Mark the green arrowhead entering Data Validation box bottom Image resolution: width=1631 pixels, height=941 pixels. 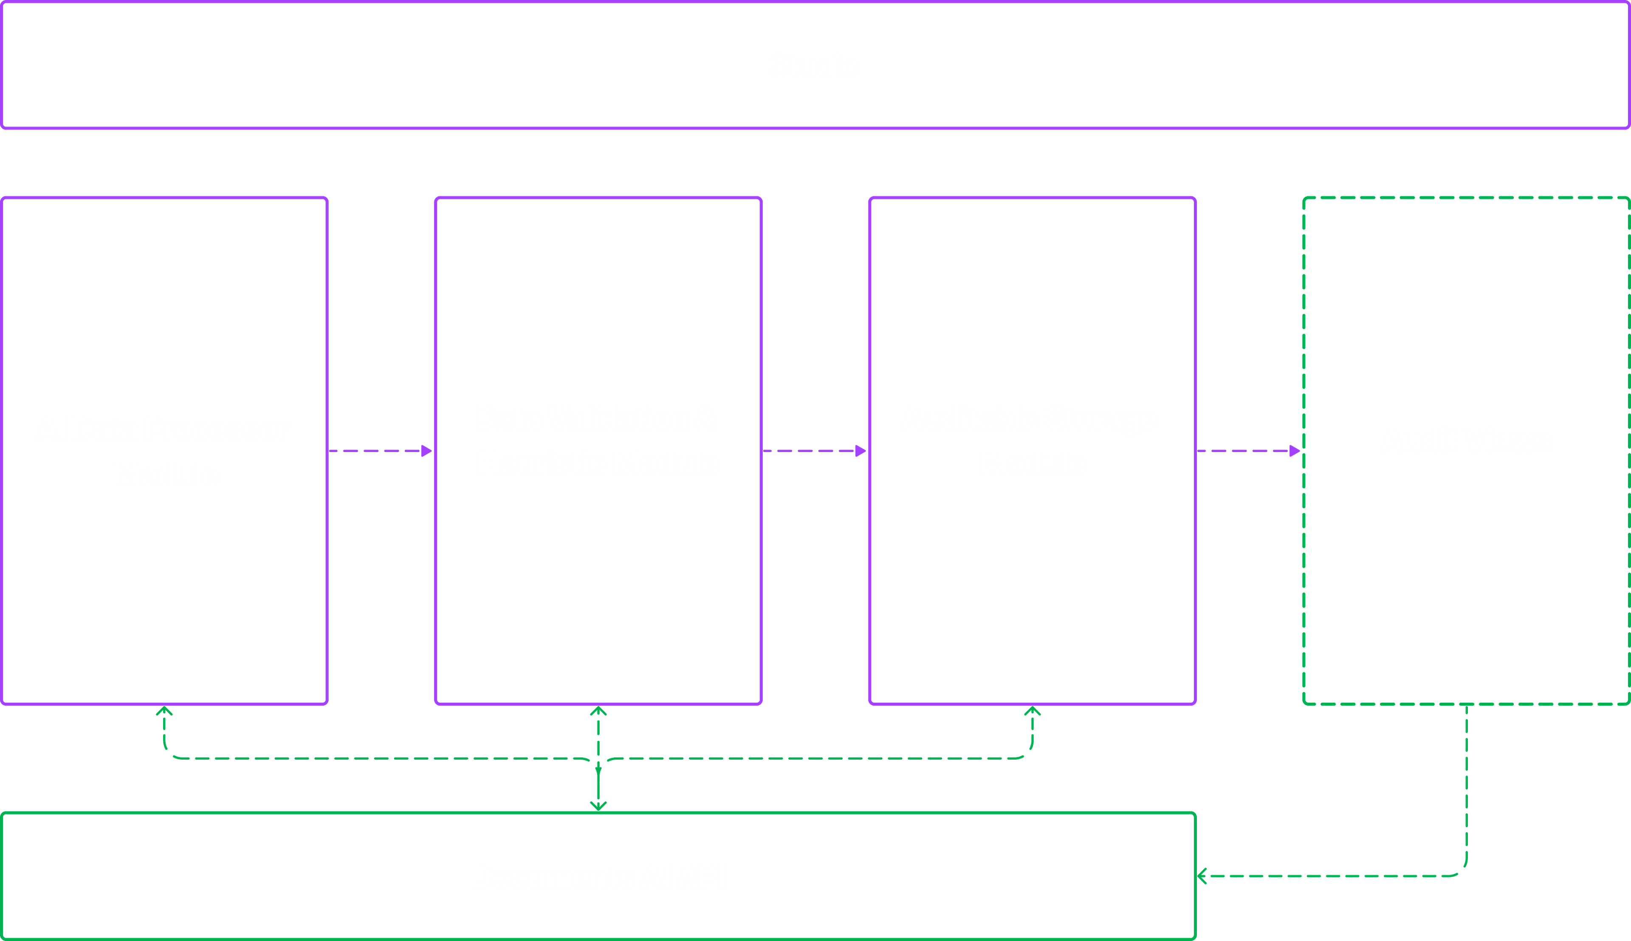point(598,711)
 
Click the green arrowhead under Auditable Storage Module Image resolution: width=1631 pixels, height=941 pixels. point(1032,711)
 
